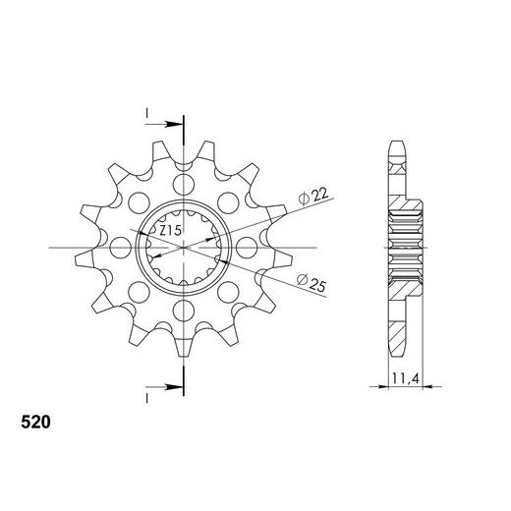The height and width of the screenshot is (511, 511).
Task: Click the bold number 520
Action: click(35, 423)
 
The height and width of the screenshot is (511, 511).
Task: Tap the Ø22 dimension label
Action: click(312, 197)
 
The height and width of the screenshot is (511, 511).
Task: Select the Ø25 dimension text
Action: click(312, 283)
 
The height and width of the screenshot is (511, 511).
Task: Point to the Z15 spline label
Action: click(170, 230)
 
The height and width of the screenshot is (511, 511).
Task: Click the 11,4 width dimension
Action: click(406, 378)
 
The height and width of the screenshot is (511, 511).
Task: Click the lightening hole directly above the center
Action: click(184, 185)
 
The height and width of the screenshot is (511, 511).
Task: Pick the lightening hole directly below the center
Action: click(184, 311)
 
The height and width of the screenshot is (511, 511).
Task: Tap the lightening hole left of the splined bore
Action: click(121, 248)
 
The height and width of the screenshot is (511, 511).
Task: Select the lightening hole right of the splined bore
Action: click(247, 248)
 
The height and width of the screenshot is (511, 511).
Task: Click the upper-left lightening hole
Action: click(139, 203)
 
